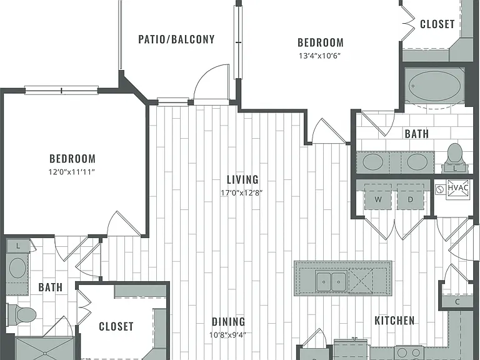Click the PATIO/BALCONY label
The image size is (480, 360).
coord(176,39)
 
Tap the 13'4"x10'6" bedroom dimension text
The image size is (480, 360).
coord(320,56)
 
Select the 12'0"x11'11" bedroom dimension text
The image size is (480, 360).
coord(72,172)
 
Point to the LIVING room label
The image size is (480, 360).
coord(242,179)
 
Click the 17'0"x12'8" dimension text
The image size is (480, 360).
coord(242,193)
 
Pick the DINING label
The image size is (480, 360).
coord(228,322)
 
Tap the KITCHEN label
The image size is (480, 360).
coord(394,321)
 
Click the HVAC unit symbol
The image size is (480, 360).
coord(457,189)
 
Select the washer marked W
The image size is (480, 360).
coord(378,197)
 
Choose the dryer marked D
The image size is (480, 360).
coord(411,197)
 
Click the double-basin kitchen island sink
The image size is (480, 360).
coord(331,281)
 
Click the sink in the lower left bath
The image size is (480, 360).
coord(17,268)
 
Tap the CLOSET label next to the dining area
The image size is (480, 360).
coord(116,327)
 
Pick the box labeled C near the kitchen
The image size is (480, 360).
coord(457,302)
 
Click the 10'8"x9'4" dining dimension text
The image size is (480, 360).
coord(227,335)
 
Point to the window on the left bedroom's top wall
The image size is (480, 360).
coord(61,90)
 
